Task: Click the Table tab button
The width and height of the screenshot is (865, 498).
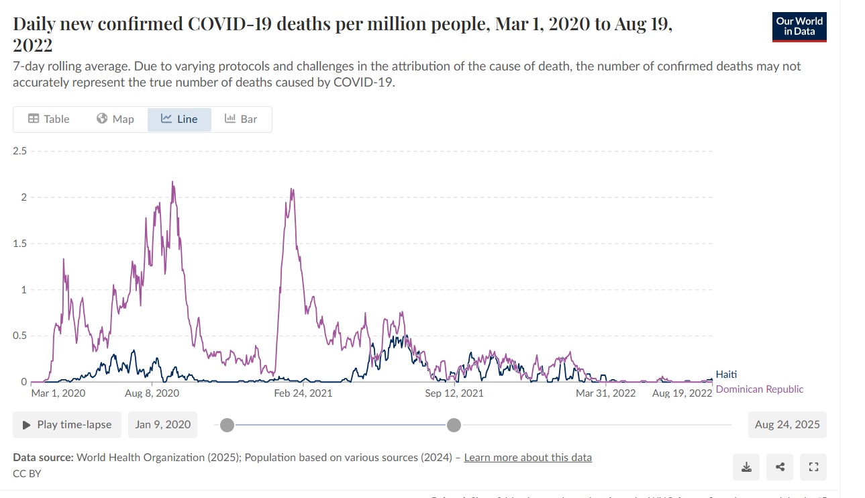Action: click(x=48, y=119)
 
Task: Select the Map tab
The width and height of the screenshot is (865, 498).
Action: click(x=115, y=119)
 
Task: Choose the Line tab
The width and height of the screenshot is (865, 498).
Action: click(x=179, y=119)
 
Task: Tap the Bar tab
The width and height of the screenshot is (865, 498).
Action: click(x=241, y=119)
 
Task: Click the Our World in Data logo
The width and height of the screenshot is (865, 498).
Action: click(x=799, y=26)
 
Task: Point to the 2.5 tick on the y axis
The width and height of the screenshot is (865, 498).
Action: click(x=19, y=151)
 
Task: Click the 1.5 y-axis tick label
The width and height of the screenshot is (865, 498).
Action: click(x=19, y=244)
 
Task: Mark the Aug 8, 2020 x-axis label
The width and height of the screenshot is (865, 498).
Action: click(x=152, y=393)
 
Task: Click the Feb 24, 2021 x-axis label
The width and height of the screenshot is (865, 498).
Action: click(x=303, y=393)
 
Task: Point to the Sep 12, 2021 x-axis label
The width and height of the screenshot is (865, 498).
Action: click(x=454, y=393)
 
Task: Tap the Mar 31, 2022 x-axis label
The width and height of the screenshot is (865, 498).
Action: click(x=605, y=393)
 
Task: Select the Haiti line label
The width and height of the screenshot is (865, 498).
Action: click(x=726, y=375)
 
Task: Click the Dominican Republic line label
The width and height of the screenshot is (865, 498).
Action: click(x=760, y=389)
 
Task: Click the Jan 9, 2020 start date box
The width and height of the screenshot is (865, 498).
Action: click(x=162, y=425)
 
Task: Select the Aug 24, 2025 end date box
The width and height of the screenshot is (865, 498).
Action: click(x=787, y=425)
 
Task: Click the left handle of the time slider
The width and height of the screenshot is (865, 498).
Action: click(x=227, y=425)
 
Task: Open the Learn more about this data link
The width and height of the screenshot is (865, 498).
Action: click(x=527, y=458)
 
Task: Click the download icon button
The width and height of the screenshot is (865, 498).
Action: click(x=746, y=467)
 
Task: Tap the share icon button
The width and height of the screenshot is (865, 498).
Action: click(x=780, y=467)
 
